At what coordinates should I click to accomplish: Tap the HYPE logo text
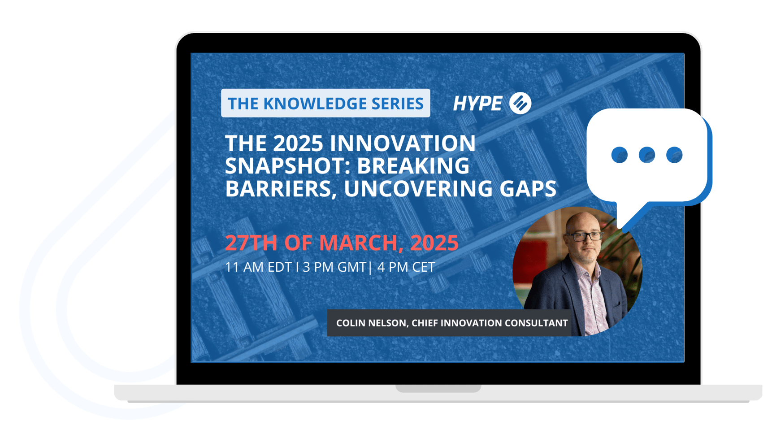[477, 104]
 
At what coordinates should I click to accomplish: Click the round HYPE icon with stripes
[520, 103]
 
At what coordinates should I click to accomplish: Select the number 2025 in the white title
[298, 143]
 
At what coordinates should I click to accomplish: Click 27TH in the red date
[252, 243]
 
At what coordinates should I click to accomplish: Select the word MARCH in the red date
[358, 243]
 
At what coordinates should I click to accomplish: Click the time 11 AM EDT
[258, 267]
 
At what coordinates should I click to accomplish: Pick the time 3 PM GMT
[334, 267]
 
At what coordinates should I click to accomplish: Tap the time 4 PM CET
[406, 267]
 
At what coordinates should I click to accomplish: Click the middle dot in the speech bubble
[646, 155]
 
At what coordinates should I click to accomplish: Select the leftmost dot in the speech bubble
[619, 155]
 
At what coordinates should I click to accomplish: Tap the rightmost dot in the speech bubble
[674, 155]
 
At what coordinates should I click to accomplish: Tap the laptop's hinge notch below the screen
[438, 388]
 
